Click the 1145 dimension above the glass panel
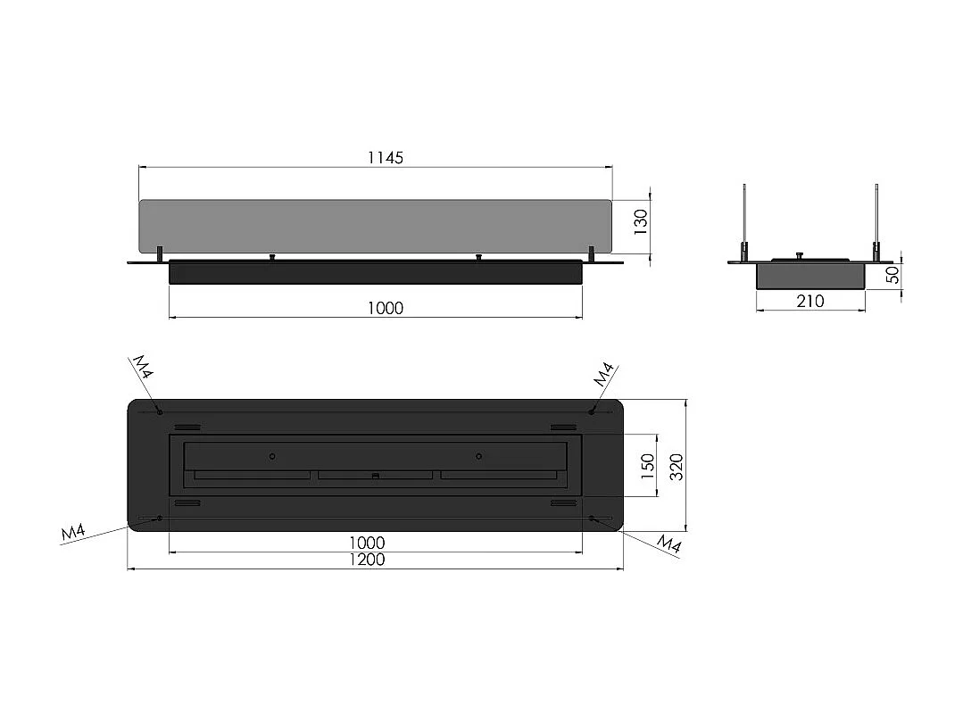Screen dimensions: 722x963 386,158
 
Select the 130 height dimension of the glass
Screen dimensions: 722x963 640,221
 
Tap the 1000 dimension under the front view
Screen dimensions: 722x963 386,308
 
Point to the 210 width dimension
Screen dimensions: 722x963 809,301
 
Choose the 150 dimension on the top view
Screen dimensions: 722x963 648,465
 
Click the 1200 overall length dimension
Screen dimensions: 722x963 367,560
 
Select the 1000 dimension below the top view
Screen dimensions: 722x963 367,543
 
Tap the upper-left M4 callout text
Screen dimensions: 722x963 144,367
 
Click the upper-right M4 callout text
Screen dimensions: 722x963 604,374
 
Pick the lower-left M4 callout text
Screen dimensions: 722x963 73,533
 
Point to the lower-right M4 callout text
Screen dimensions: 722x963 669,544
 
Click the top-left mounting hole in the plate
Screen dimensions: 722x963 160,411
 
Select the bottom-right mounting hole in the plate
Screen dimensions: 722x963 592,518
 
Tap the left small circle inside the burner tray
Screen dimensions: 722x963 272,456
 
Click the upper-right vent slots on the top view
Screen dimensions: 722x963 562,427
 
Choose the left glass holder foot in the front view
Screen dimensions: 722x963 160,254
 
